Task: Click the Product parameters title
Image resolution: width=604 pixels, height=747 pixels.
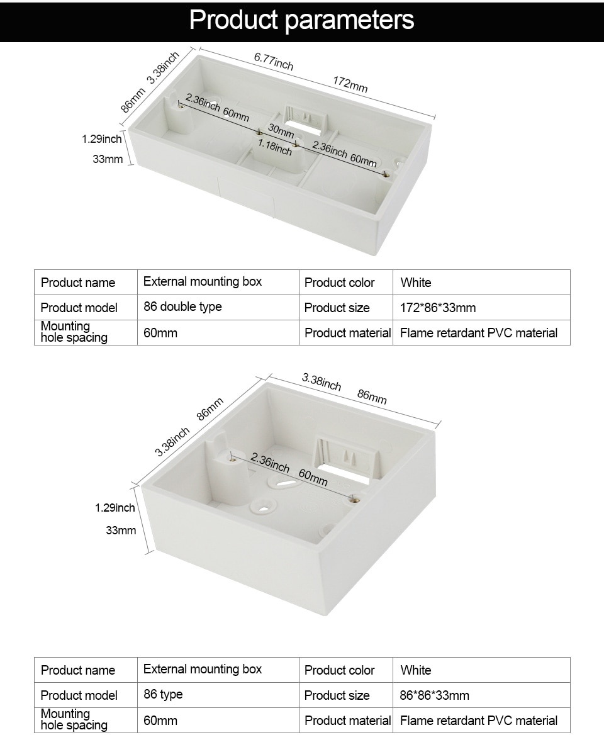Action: pyautogui.click(x=301, y=20)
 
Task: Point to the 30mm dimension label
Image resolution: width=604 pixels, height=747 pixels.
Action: pyautogui.click(x=281, y=131)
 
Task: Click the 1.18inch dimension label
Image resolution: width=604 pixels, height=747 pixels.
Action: pyautogui.click(x=274, y=148)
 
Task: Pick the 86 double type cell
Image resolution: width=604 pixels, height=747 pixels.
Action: pyautogui.click(x=182, y=307)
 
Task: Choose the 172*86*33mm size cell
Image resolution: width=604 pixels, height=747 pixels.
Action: pyautogui.click(x=438, y=308)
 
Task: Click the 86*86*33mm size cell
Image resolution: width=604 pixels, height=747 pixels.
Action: pyautogui.click(x=434, y=695)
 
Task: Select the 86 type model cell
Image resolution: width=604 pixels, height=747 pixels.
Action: pyautogui.click(x=163, y=695)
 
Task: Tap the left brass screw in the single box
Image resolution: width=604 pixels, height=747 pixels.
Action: pyautogui.click(x=233, y=459)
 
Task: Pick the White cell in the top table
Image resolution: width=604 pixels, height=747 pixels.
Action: pyautogui.click(x=416, y=283)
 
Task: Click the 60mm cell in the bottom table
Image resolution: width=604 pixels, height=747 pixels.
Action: pyautogui.click(x=160, y=720)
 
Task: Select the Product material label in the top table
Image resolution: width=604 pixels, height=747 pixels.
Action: pyautogui.click(x=347, y=333)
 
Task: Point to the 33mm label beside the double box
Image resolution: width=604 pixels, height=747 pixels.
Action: pyautogui.click(x=108, y=159)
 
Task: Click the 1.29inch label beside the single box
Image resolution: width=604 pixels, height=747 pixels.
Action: pyautogui.click(x=115, y=508)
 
